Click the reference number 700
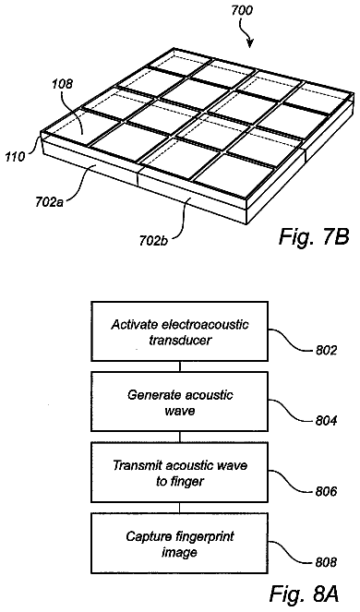[x=242, y=10]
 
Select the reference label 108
[x=62, y=84]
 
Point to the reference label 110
[x=15, y=157]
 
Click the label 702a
[x=47, y=204]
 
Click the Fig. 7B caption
[x=313, y=236]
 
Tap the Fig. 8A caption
[x=304, y=594]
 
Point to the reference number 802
[x=326, y=351]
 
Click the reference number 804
[x=326, y=421]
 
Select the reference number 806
[x=326, y=491]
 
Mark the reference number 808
[x=326, y=562]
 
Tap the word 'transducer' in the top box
[x=180, y=340]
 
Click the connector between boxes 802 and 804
[x=180, y=366]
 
